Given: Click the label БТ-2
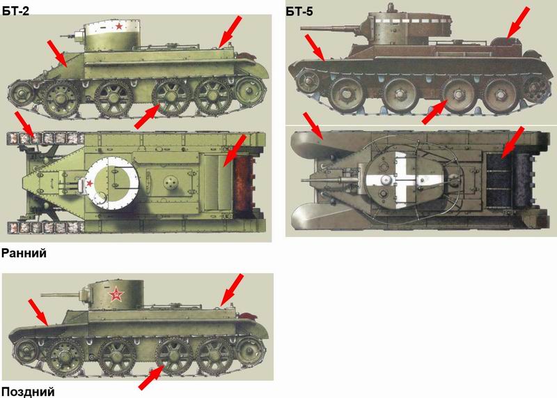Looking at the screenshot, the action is pos(16,10).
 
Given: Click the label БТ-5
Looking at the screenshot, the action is pos(299,11).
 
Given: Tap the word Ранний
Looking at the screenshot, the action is pos(24,253).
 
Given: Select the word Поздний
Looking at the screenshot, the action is pos(28,392).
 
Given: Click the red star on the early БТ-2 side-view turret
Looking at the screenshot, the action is pos(119,26).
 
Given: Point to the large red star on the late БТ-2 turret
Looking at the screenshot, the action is pos(116,294).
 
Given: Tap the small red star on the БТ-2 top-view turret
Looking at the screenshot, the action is pos(90,183).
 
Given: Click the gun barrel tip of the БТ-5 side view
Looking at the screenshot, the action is pos(302,29).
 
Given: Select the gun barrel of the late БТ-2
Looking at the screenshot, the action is pos(61,295).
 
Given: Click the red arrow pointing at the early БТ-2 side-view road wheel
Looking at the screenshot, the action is pos(147,116).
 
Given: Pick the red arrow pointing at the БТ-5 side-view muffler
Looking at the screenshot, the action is pos(517,22).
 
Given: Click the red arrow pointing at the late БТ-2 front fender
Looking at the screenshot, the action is pos(38,312).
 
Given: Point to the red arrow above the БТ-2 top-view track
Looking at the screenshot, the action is pos(24,124).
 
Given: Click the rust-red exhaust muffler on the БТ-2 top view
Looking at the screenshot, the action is pos(244,183).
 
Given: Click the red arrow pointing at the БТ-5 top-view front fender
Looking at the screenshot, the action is pos(313,125).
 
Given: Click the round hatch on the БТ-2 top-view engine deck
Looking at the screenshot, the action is pos(171,183).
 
